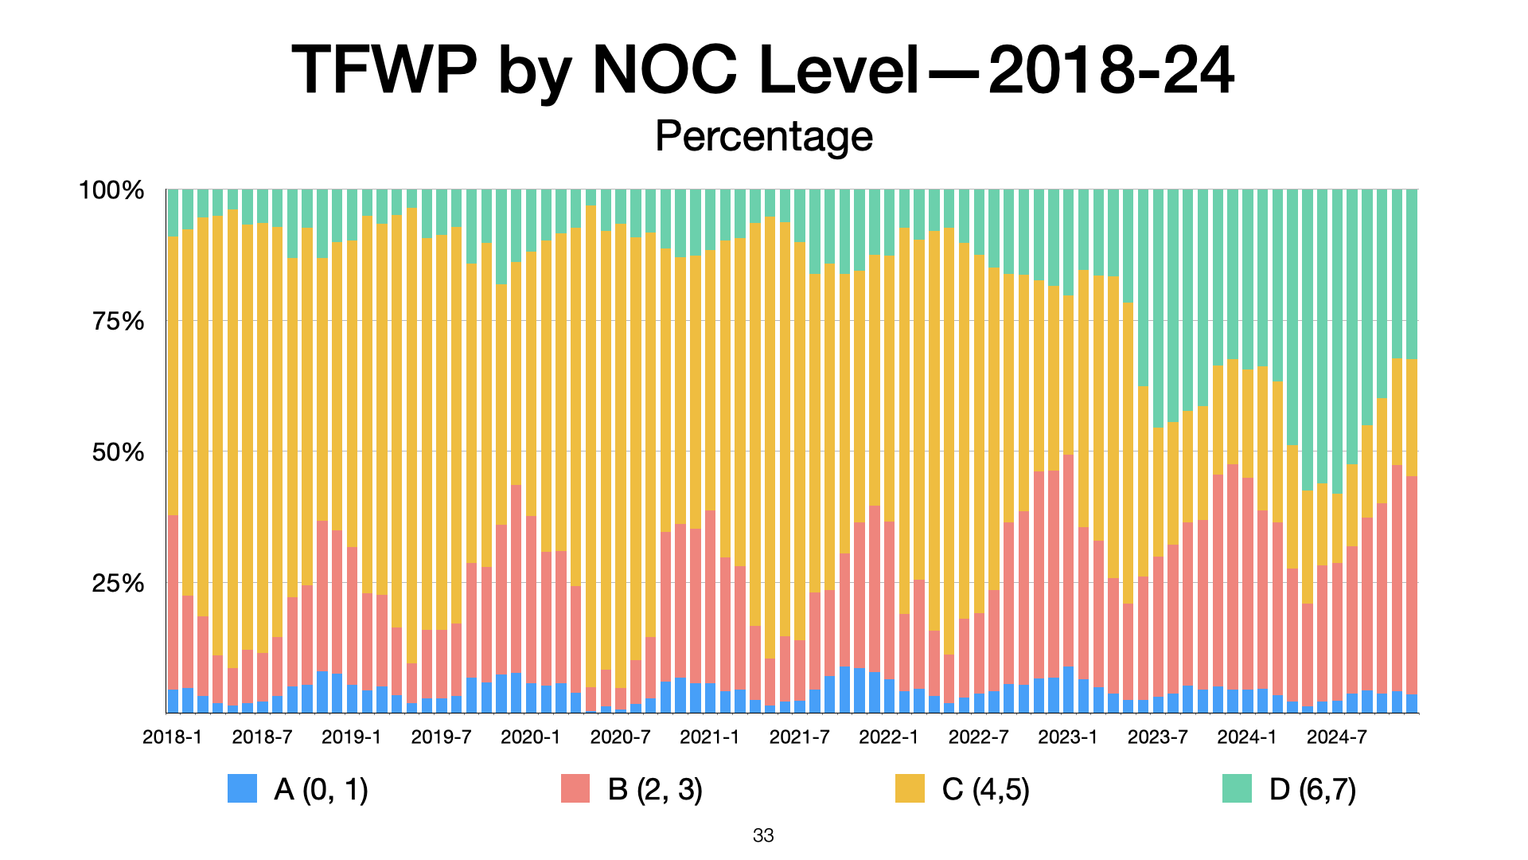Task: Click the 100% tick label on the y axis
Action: [x=111, y=191]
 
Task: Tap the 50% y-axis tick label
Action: [x=118, y=452]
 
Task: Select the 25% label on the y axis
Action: [x=118, y=584]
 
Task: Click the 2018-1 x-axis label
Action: [x=172, y=737]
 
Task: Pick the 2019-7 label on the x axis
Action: [x=441, y=737]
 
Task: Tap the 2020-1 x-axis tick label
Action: [x=530, y=737]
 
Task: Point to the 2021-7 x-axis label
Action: [x=799, y=737]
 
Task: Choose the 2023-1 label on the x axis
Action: [x=1067, y=737]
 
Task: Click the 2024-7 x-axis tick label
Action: [x=1336, y=737]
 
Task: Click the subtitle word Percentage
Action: [x=764, y=136]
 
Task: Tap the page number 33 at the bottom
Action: [x=763, y=836]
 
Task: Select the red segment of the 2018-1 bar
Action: [x=173, y=602]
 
